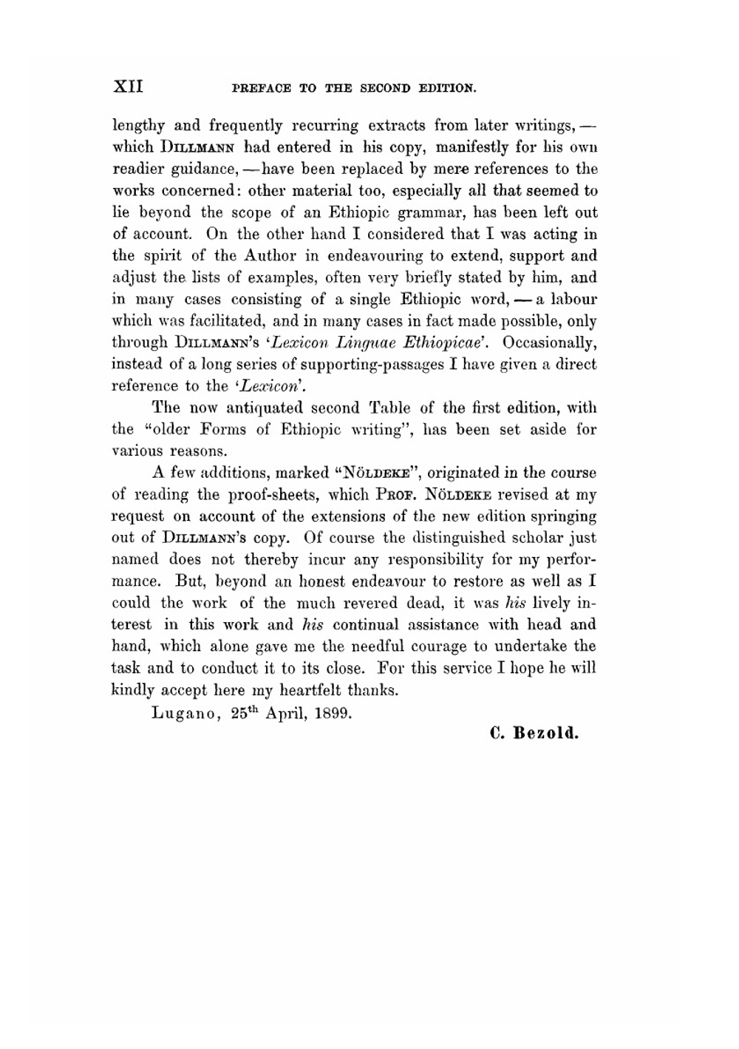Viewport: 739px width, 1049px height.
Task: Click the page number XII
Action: click(127, 87)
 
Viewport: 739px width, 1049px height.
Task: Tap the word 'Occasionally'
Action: click(550, 343)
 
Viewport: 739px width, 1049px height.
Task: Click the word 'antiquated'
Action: click(265, 408)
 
